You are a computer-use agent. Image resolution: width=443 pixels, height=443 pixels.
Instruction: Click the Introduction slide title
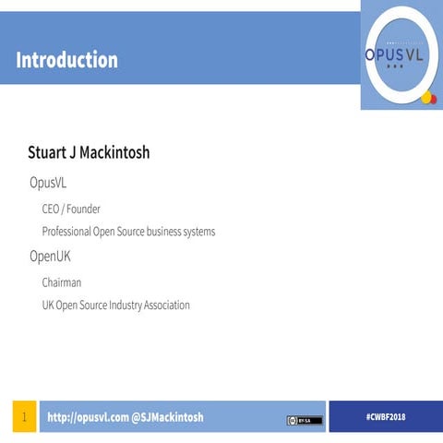click(66, 61)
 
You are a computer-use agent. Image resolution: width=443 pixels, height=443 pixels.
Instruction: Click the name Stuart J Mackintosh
click(89, 152)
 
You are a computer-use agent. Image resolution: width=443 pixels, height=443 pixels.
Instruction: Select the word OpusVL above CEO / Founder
click(48, 183)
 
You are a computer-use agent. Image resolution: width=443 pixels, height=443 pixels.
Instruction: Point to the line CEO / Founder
click(71, 209)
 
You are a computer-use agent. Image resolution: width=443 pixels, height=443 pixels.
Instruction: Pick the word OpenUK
click(50, 257)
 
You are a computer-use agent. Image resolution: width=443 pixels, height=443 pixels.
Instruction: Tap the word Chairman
click(62, 282)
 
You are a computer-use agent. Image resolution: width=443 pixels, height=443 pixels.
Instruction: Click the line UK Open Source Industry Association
click(115, 305)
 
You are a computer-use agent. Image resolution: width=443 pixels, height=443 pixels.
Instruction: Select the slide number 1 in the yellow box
click(23, 417)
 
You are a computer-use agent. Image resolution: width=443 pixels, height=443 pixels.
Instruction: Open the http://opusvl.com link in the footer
click(88, 417)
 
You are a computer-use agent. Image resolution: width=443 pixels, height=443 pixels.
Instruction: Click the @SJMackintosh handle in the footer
click(167, 417)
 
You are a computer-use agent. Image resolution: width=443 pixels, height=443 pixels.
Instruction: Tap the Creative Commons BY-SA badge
click(305, 420)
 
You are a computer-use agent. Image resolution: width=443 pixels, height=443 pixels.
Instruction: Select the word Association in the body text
click(165, 305)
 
